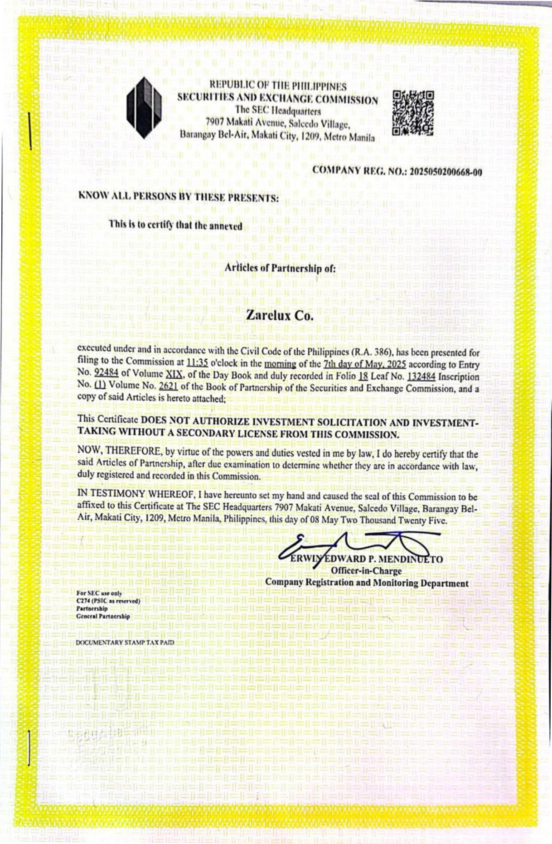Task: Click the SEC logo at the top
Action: tap(144, 108)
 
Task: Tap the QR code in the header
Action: tap(412, 113)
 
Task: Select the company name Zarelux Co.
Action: tap(280, 315)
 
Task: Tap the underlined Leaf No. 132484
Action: tap(421, 376)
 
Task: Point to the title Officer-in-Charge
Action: tap(366, 571)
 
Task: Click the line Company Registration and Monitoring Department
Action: tap(367, 583)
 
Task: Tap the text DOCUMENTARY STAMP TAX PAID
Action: tap(125, 642)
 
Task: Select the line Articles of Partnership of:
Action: tap(280, 268)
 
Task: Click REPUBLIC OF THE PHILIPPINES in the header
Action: tap(278, 86)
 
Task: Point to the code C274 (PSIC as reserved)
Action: tap(108, 601)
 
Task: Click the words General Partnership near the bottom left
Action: tap(103, 617)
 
